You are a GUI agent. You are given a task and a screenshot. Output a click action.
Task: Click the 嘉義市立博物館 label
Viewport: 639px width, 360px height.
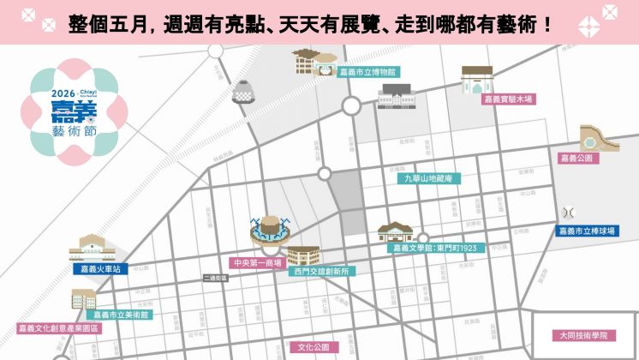coord(366,74)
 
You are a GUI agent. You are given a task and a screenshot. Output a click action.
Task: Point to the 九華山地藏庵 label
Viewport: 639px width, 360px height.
coord(434,179)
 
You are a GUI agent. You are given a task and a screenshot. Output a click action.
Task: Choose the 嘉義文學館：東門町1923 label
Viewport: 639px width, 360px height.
coord(434,249)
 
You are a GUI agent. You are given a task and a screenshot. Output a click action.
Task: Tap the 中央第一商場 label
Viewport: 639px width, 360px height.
coord(257,262)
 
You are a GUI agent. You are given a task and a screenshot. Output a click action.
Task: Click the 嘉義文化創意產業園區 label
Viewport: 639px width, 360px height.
coord(59,328)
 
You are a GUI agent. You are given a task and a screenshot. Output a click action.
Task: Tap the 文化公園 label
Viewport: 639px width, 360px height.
coord(314,347)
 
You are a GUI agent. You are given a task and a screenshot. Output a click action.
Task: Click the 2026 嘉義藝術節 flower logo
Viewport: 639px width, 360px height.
coord(73,111)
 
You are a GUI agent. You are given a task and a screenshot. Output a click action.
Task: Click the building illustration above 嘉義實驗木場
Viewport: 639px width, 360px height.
coord(478,79)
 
